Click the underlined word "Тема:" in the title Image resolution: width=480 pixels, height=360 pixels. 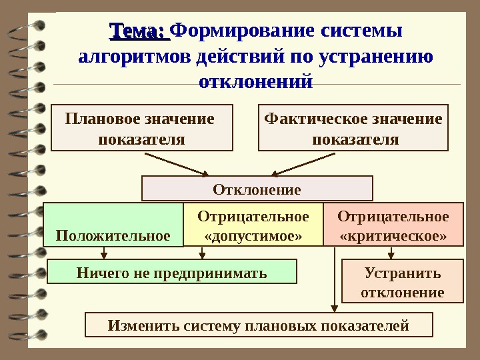pyautogui.click(x=138, y=31)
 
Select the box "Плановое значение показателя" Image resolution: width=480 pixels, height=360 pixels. pyautogui.click(x=142, y=128)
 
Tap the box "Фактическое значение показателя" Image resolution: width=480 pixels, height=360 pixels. pyautogui.click(x=353, y=128)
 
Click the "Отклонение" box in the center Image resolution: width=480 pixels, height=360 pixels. pyautogui.click(x=257, y=189)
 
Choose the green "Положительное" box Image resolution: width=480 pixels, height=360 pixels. pyautogui.click(x=113, y=226)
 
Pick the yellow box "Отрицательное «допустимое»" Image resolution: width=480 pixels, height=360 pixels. pyautogui.click(x=253, y=226)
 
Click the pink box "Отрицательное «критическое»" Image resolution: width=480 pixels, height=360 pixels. pyautogui.click(x=393, y=226)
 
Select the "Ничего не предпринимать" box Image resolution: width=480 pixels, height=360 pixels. pyautogui.click(x=172, y=273)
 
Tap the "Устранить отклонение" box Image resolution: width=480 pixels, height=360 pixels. pyautogui.click(x=402, y=282)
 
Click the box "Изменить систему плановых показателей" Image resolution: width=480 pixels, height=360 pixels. pyautogui.click(x=259, y=325)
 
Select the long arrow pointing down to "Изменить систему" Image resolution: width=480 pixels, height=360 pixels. pyautogui.click(x=333, y=280)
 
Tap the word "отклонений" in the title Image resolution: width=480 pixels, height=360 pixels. pyautogui.click(x=256, y=83)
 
